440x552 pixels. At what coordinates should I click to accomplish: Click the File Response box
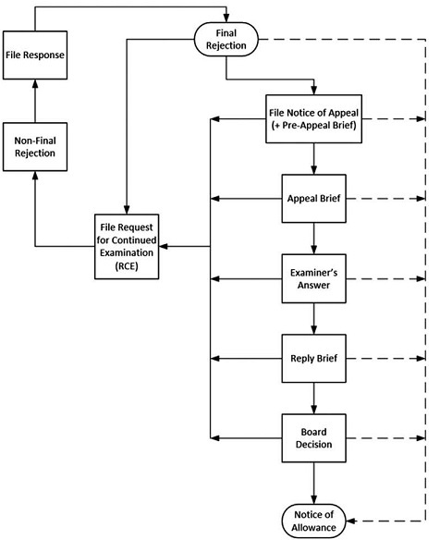[x=35, y=55]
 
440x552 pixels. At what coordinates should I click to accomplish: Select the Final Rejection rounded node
[x=226, y=39]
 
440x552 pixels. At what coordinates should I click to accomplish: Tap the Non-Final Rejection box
[x=35, y=147]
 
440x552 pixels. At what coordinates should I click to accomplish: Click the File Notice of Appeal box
[x=313, y=119]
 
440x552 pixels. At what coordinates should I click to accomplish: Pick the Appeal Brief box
[x=313, y=199]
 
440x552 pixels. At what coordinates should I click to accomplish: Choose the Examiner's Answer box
[x=313, y=278]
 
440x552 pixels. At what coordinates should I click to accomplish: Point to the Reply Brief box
[x=313, y=359]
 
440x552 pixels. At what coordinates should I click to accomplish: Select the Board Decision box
[x=313, y=438]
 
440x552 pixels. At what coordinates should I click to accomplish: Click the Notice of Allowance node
[x=313, y=521]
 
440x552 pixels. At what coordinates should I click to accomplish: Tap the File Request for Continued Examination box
[x=127, y=247]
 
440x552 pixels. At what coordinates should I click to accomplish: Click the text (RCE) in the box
[x=127, y=265]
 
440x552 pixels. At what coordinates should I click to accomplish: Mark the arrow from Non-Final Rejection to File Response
[x=35, y=101]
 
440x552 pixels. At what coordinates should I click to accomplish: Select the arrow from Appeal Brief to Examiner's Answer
[x=313, y=239]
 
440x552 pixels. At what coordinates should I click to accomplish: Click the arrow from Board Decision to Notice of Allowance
[x=313, y=483]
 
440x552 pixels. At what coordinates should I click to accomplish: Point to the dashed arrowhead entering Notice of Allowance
[x=350, y=521]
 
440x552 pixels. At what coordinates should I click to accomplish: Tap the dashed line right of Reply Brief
[x=385, y=359]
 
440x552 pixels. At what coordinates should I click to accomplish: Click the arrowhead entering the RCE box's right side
[x=164, y=247]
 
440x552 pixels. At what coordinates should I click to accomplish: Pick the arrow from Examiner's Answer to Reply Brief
[x=313, y=318]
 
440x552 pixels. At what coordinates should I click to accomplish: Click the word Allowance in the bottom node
[x=313, y=527]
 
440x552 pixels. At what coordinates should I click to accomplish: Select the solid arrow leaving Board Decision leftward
[x=246, y=438]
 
